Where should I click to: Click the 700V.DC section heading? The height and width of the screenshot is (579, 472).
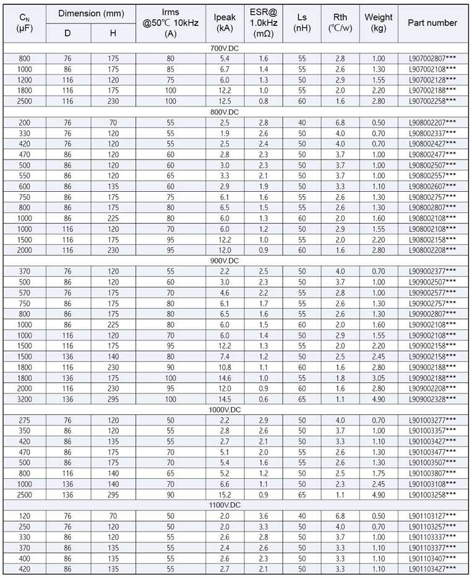236,48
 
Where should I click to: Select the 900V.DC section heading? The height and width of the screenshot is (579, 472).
236,260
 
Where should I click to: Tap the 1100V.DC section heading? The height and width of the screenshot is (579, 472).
236,505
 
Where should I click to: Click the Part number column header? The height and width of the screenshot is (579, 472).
432,23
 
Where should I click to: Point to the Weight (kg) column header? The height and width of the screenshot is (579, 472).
378,23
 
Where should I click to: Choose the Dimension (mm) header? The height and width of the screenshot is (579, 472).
90,13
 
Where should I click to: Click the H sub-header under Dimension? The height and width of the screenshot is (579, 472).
113,33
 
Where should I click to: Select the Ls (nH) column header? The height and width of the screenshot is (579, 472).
302,23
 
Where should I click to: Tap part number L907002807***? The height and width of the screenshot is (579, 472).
432,59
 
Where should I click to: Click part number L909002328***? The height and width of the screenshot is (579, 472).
432,398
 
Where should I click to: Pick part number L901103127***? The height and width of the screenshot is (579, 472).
432,515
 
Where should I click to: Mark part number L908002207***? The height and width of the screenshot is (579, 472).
432,122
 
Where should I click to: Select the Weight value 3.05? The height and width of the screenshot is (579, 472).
378,377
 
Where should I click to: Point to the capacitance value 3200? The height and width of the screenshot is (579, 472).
25,398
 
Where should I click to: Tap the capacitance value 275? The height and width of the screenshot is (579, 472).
25,419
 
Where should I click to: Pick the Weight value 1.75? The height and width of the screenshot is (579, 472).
378,473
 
